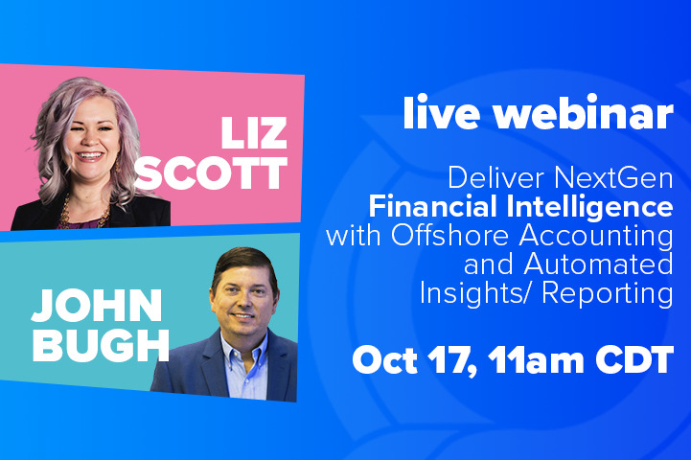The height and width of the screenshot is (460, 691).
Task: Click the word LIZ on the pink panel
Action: coord(254,133)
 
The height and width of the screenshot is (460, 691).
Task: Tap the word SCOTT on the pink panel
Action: coord(211,173)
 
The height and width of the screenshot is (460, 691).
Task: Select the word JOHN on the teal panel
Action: coord(97,306)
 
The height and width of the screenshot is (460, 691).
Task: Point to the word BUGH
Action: coord(101,345)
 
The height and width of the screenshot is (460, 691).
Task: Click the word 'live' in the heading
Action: coord(442,112)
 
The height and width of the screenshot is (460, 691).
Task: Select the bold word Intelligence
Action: coord(590,208)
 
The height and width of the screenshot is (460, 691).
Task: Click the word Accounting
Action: coord(596,237)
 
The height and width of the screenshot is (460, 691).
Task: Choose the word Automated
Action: coord(598,264)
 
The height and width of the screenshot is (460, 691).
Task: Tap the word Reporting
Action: coord(608,294)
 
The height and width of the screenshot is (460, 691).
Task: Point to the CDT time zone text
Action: coord(634,359)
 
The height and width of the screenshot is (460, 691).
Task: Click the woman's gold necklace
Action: coord(83,214)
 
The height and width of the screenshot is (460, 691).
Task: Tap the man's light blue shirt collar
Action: coord(245,348)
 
